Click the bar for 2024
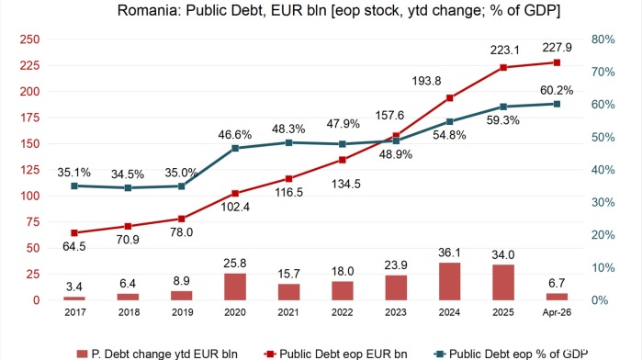pyautogui.click(x=449, y=281)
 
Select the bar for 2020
pyautogui.click(x=235, y=287)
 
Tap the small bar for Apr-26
pyautogui.click(x=557, y=297)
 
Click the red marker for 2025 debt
pyautogui.click(x=503, y=68)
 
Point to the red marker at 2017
pyautogui.click(x=74, y=233)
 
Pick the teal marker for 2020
pyautogui.click(x=235, y=148)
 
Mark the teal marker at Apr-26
pyautogui.click(x=557, y=104)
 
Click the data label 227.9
pyautogui.click(x=557, y=48)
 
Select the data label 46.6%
pyautogui.click(x=234, y=135)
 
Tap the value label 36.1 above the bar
pyautogui.click(x=449, y=253)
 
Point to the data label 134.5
pyautogui.click(x=346, y=185)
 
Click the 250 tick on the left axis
pyautogui.click(x=30, y=39)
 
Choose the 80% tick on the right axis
pyautogui.click(x=603, y=39)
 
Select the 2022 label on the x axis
pyautogui.click(x=343, y=312)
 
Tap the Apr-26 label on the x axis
pyautogui.click(x=557, y=312)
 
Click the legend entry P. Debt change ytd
pyautogui.click(x=157, y=354)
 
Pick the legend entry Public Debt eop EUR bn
pyautogui.click(x=336, y=354)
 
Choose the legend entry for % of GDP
pyautogui.click(x=511, y=354)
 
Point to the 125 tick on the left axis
pyautogui.click(x=30, y=170)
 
